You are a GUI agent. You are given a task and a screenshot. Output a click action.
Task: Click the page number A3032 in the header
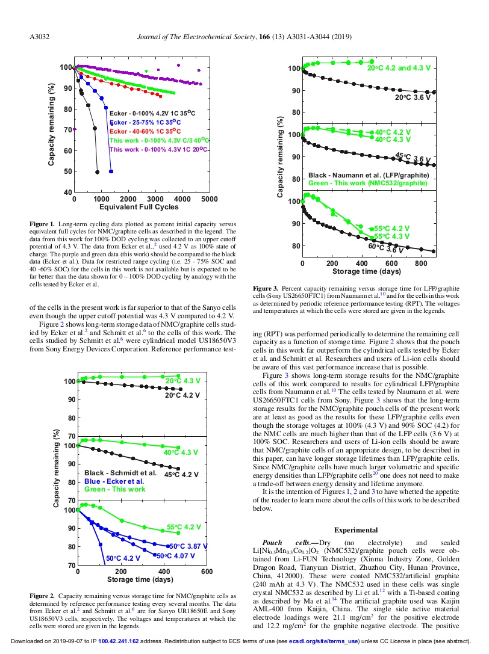tap(39, 37)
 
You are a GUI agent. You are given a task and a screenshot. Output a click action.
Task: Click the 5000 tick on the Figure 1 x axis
tap(209, 199)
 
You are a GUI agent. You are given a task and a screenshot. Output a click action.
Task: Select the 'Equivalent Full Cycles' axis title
tap(139, 207)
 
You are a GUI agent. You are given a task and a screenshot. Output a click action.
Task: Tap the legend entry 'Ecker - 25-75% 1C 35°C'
tap(145, 123)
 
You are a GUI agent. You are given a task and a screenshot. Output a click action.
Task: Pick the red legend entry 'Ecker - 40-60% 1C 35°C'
tap(145, 131)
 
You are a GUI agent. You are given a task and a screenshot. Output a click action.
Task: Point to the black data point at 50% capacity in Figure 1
tap(98, 172)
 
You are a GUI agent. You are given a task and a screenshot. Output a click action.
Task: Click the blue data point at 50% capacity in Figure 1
tap(111, 171)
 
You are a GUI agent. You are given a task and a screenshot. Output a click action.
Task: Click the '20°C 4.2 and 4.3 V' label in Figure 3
tap(399, 68)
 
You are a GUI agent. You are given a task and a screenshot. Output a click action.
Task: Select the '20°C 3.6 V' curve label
tap(413, 97)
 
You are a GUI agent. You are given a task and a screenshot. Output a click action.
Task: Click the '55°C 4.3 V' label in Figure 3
tap(391, 236)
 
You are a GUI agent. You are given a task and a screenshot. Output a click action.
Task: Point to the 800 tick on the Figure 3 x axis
tap(421, 263)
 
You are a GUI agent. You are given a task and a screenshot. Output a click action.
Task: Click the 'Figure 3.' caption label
tap(265, 288)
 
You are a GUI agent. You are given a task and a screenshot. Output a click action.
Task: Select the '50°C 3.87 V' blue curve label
tap(188, 546)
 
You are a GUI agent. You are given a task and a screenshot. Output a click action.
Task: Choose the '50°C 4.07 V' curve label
tap(176, 555)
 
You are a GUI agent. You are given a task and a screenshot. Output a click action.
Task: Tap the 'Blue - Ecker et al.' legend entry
tap(114, 481)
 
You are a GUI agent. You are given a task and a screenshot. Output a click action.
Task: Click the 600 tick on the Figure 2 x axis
tap(207, 572)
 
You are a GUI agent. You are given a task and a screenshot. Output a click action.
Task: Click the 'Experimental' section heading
tap(356, 530)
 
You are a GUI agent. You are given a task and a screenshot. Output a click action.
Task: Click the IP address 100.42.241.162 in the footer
tap(119, 641)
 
